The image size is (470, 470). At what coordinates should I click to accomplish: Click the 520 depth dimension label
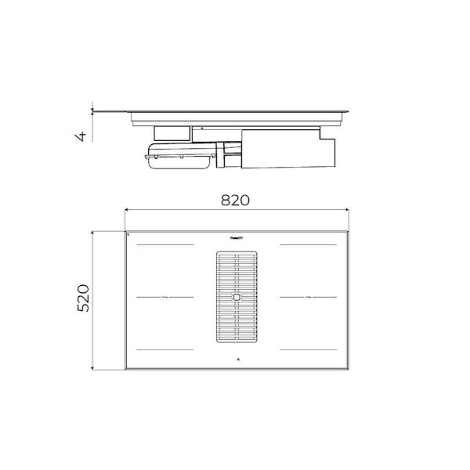tap(84, 298)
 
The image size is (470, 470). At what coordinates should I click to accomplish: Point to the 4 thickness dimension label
tap(80, 136)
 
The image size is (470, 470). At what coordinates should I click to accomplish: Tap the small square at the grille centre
tap(236, 298)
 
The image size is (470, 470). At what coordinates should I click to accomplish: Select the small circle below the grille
tap(236, 360)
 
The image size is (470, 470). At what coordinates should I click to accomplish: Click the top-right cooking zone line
tap(307, 245)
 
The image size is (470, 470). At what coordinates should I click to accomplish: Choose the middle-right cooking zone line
tap(307, 297)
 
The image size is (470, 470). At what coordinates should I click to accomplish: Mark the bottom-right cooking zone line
tap(307, 349)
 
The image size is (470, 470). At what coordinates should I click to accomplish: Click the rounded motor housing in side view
tap(179, 156)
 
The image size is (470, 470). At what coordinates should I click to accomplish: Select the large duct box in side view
tap(287, 150)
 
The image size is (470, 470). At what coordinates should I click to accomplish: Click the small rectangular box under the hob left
tap(172, 132)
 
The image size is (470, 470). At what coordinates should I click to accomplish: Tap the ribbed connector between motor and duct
tap(230, 154)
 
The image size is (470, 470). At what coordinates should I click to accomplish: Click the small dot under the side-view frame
tap(202, 127)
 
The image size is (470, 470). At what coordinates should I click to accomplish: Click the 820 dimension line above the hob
tap(236, 210)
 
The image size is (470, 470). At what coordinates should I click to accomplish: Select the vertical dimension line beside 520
tap(94, 298)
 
